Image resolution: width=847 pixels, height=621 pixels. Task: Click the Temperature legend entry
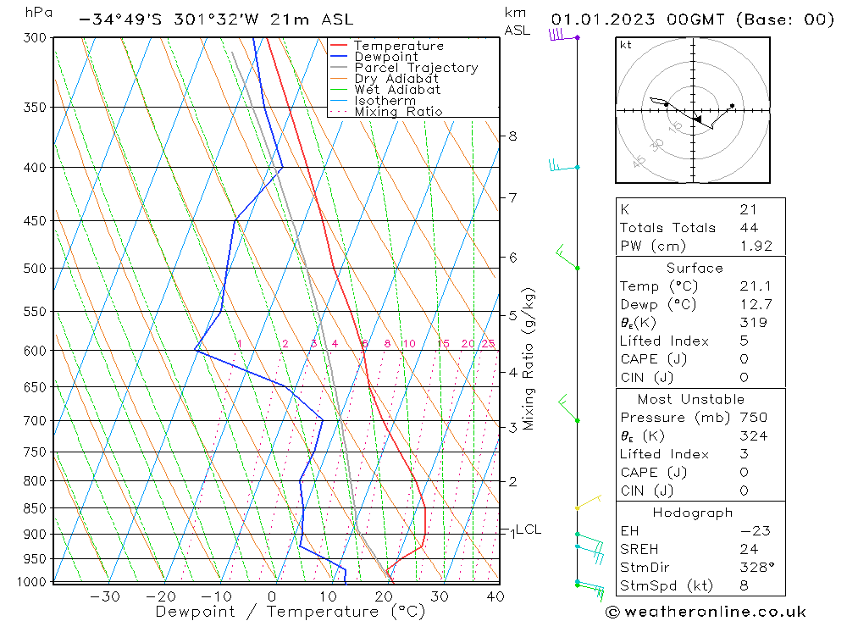click(x=398, y=46)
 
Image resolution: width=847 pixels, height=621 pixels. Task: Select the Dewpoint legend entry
click(x=385, y=57)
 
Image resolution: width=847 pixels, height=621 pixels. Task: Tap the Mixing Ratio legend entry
click(x=398, y=112)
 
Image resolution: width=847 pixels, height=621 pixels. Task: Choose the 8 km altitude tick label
click(x=512, y=136)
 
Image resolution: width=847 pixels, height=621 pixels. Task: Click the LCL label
click(x=529, y=530)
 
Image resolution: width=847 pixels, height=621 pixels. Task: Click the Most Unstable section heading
click(x=691, y=399)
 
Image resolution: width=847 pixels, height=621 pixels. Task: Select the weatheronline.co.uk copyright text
click(x=706, y=612)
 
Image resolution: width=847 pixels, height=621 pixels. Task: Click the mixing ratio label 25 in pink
click(x=488, y=343)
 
